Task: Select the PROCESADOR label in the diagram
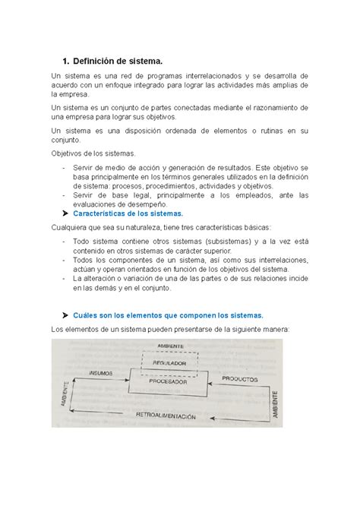click(169, 381)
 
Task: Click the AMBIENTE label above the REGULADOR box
click(171, 346)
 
